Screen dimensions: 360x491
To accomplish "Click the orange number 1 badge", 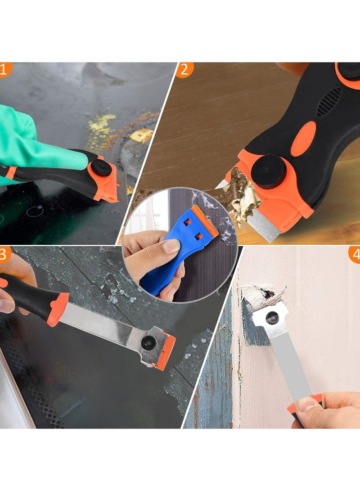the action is pos(4,69).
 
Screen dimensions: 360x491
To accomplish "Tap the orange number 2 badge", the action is pos(184,69).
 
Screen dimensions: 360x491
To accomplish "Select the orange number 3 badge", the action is pos(4,254).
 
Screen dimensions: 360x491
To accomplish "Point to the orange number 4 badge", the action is pos(355,254).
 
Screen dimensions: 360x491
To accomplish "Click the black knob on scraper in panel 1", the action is pos(101,168).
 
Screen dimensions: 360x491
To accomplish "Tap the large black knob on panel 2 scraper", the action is pos(269,171).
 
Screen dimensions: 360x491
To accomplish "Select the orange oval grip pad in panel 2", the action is pos(303,139).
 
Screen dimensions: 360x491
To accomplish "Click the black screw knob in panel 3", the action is pos(148,342).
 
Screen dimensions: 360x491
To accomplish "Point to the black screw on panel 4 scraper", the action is pos(272,318).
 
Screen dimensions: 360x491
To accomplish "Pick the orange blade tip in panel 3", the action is pos(166,352).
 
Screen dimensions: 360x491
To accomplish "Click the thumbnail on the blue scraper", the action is pos(171,247).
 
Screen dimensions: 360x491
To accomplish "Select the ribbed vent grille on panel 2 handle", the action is pos(329,102).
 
